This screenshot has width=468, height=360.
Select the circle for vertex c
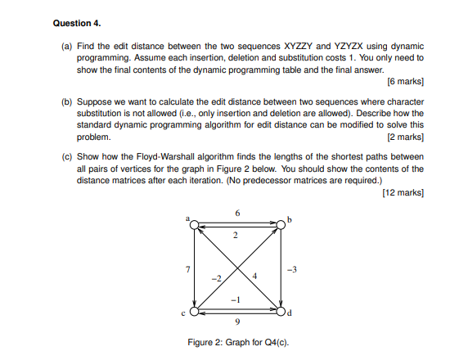click(x=193, y=311)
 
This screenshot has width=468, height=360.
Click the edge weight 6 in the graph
click(x=238, y=213)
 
